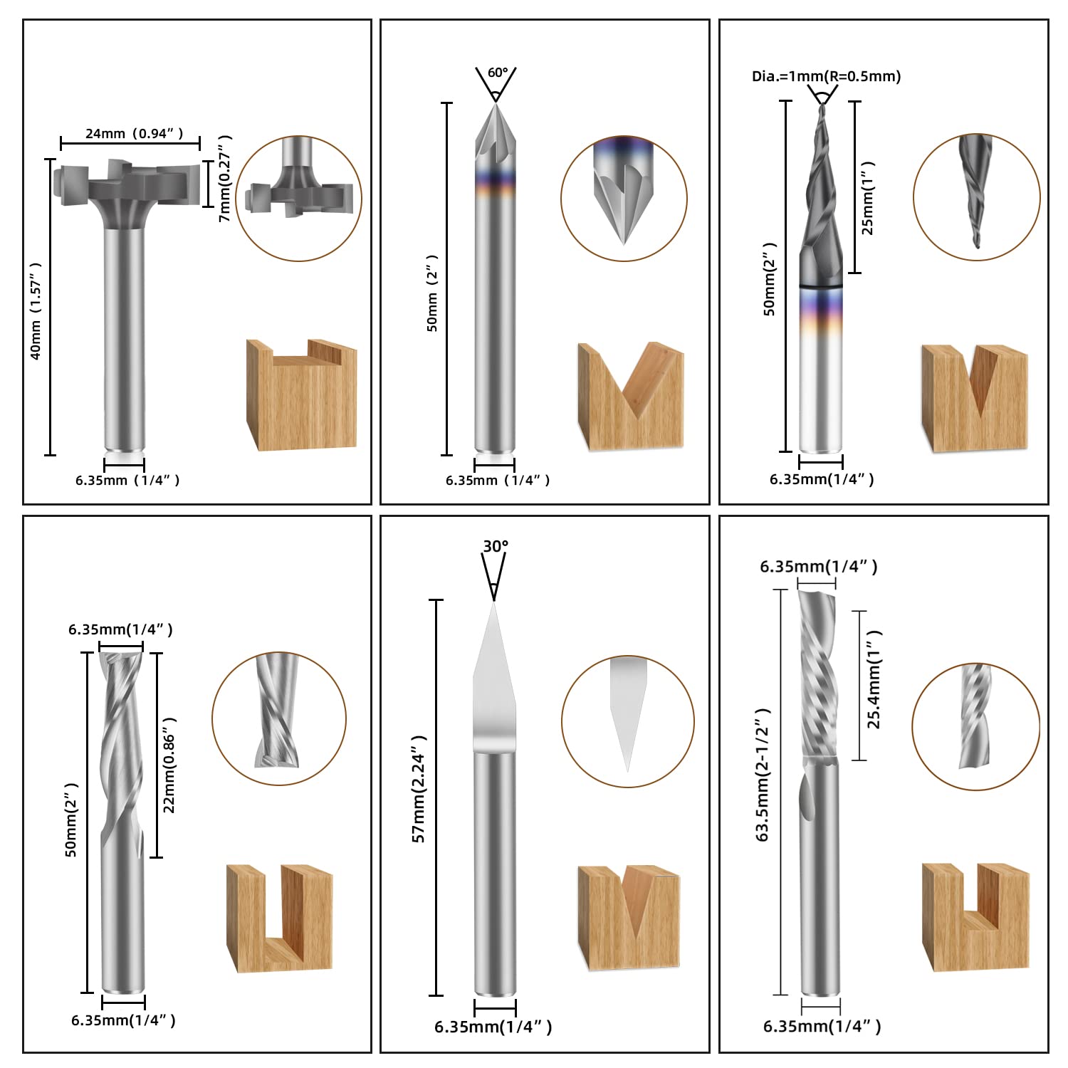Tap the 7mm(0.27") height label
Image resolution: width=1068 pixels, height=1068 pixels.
tap(225, 178)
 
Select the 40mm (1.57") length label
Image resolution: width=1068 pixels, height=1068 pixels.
tap(36, 310)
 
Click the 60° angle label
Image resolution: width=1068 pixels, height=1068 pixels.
tap(498, 73)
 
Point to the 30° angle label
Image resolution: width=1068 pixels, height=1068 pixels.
tap(496, 547)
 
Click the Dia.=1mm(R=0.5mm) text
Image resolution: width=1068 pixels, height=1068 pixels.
tap(826, 76)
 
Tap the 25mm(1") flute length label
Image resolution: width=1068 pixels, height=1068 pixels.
tap(868, 198)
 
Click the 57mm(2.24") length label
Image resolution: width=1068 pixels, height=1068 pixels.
tap(419, 789)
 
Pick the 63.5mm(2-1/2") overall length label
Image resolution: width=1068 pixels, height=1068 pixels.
tap(763, 775)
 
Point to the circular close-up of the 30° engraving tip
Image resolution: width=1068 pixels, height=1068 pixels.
tap(627, 721)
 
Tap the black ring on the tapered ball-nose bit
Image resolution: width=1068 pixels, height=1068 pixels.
tap(821, 286)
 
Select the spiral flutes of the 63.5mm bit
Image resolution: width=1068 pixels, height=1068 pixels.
tap(817, 673)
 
